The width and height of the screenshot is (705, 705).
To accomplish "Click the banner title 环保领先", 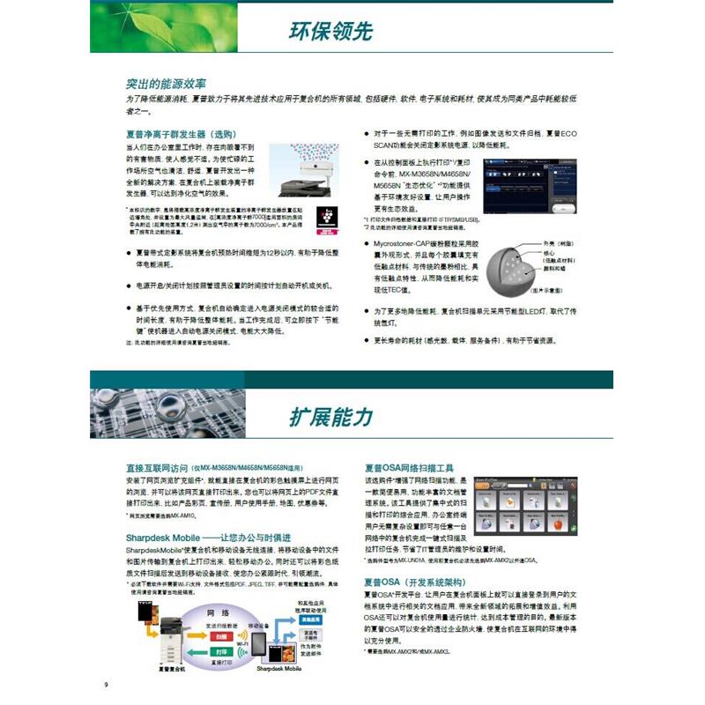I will click(330, 31).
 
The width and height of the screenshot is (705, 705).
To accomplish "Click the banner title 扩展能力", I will click(330, 416).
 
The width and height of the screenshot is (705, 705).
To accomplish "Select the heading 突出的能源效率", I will click(166, 84).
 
